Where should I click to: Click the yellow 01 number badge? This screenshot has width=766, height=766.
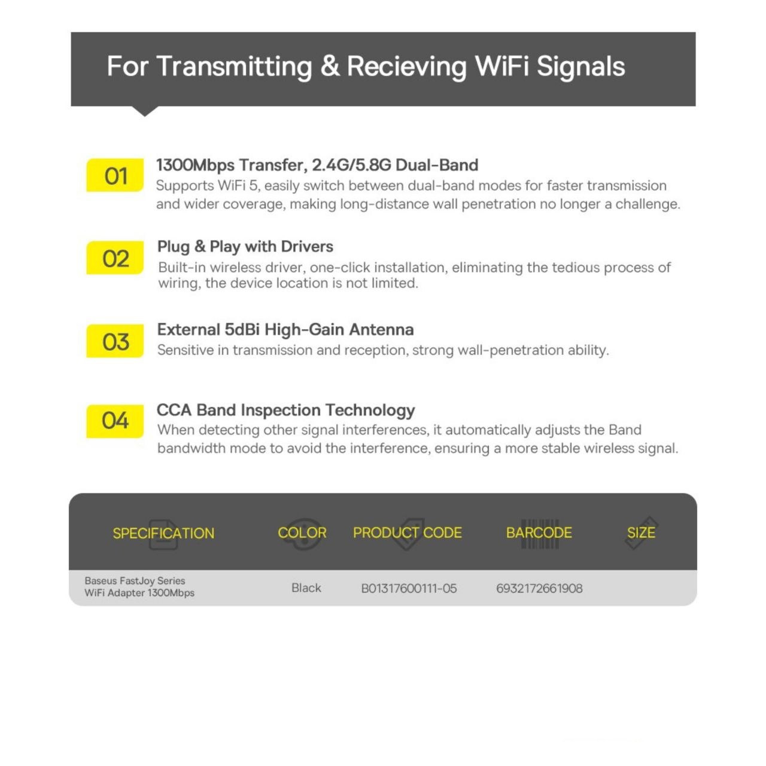115,175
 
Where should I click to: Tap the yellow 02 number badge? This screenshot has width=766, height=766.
115,257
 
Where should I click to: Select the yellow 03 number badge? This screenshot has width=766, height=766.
115,341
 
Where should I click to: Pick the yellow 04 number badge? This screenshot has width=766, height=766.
115,421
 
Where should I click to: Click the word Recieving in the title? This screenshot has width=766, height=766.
406,66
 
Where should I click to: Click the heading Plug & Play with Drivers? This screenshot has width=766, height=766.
245,247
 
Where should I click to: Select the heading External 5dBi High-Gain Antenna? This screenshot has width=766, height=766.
285,330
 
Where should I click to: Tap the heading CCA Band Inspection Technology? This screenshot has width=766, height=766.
285,411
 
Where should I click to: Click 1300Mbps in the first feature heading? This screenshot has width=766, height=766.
195,165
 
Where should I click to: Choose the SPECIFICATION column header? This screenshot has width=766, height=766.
163,533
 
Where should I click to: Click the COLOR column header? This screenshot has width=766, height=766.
302,533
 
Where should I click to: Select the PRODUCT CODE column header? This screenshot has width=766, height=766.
408,533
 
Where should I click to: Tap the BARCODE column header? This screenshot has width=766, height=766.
539,533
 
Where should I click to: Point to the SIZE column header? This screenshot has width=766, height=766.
641,533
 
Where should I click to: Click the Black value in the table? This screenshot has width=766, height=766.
306,588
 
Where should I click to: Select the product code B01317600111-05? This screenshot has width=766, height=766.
409,588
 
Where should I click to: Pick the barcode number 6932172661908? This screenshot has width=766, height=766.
539,588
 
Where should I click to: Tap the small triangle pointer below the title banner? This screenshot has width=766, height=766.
145,111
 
